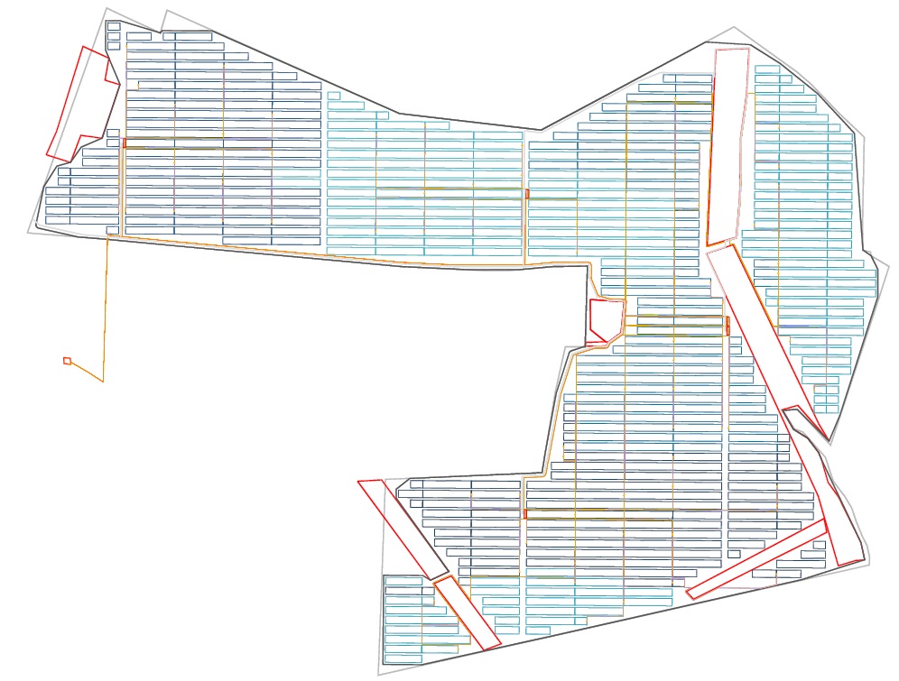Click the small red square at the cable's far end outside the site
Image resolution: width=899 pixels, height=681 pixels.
67,361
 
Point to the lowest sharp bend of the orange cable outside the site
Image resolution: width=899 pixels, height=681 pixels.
103,382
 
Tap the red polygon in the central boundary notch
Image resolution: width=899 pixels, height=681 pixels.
604,320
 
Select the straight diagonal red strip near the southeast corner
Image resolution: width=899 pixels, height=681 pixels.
756,559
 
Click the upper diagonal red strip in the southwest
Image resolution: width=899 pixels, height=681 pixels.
403,529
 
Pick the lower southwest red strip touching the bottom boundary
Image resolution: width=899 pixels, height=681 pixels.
468,613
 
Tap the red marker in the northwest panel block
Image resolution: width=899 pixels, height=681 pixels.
125,143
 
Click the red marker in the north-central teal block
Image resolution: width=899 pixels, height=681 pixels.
527,194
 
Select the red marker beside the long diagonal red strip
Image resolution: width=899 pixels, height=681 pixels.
728,325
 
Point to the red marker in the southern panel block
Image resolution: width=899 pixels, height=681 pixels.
524,514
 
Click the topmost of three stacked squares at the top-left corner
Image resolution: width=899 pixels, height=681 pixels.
114,26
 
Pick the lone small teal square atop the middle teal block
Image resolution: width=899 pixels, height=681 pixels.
334,96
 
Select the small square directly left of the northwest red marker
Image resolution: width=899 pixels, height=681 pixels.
113,143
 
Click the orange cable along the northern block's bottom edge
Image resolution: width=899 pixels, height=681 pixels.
361,257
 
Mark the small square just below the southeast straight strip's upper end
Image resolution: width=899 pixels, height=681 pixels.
819,545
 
